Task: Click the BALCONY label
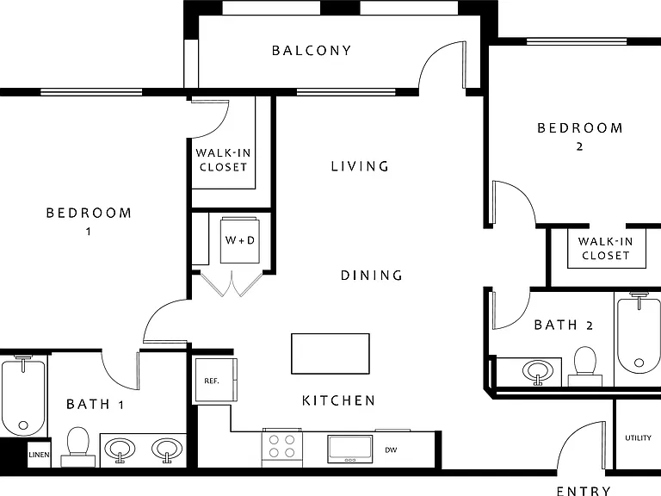[311, 51]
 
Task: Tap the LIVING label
[360, 166]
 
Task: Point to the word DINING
[372, 276]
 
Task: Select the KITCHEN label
[338, 400]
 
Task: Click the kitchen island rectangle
[330, 353]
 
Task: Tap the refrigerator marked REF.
[215, 380]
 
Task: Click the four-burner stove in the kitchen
[282, 448]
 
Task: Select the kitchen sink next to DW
[350, 449]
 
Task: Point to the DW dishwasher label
[391, 450]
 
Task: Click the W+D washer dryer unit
[239, 240]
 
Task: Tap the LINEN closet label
[39, 455]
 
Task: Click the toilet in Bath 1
[78, 447]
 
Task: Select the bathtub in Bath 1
[23, 395]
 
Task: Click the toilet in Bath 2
[585, 366]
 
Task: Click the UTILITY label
[639, 438]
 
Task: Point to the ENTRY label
[584, 491]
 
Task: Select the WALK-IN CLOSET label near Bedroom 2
[606, 248]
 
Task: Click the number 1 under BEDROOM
[88, 232]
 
